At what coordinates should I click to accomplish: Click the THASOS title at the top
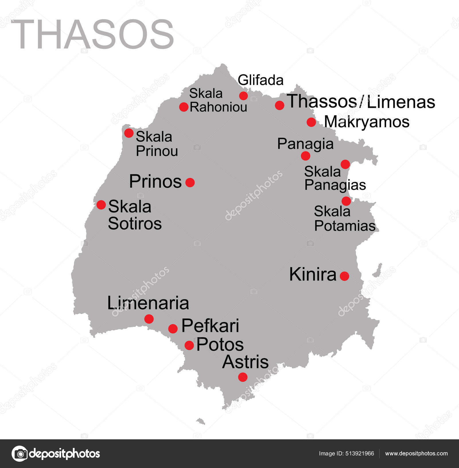[92, 34]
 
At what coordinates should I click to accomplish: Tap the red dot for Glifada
[243, 95]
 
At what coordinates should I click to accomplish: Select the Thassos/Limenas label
[361, 102]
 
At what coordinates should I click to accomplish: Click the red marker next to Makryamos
[311, 122]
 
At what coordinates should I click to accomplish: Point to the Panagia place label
[305, 144]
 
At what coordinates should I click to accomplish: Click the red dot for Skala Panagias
[345, 164]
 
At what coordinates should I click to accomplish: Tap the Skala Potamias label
[345, 219]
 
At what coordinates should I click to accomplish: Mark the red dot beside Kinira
[344, 276]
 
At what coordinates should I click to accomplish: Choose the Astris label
[245, 362]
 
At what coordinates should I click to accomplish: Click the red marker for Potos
[189, 345]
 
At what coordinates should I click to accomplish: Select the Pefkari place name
[210, 326]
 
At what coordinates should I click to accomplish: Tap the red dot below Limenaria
[149, 319]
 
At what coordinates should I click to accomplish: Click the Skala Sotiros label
[135, 215]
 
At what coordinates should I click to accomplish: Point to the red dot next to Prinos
[190, 182]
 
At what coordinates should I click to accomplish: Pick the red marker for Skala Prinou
[129, 133]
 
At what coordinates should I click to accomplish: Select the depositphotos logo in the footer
[56, 454]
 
